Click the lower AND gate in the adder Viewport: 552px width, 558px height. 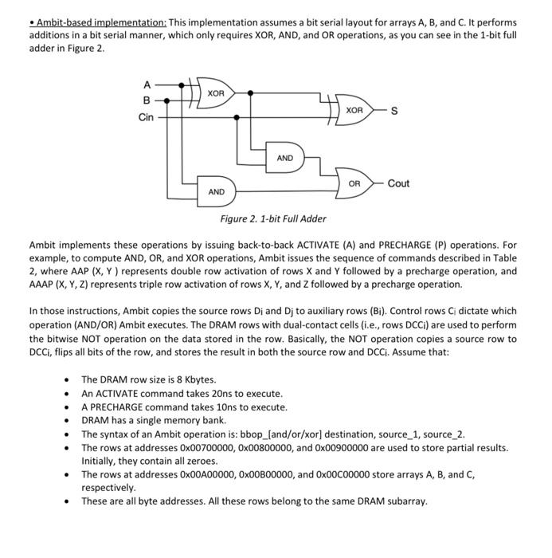point(216,191)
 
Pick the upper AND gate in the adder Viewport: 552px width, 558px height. point(284,158)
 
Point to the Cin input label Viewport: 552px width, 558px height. point(147,117)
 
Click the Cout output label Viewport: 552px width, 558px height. point(398,183)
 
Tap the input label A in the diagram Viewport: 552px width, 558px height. point(147,84)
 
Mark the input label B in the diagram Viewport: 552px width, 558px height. point(147,100)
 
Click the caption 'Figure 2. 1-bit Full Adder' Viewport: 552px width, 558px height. point(273,218)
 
